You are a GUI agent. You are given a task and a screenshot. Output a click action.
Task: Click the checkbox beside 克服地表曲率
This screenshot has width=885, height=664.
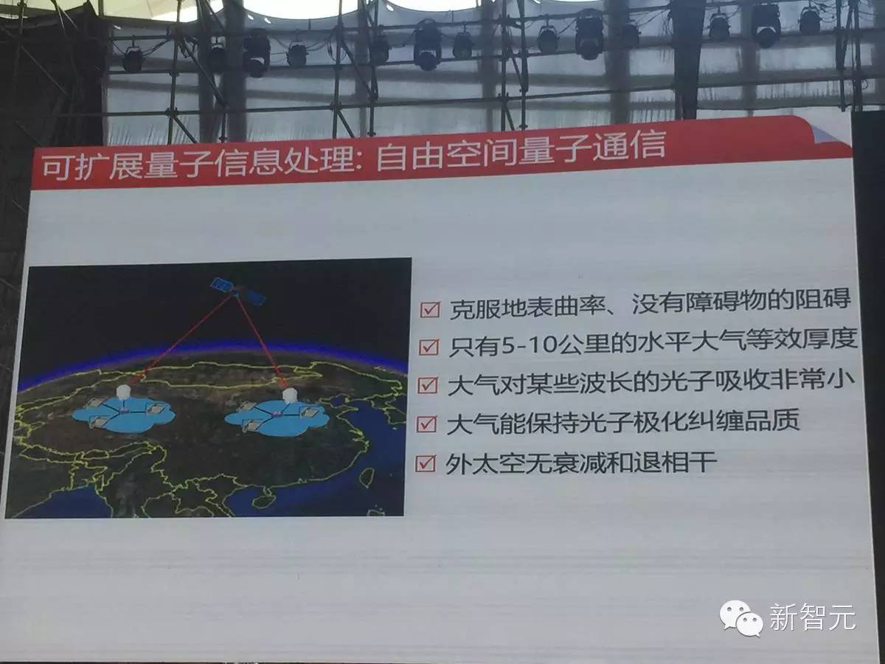tap(430, 310)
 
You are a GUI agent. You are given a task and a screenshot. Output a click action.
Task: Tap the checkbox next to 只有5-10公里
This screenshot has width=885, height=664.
tap(428, 347)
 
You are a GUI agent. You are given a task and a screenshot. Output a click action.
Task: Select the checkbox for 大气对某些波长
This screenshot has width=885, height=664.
tap(427, 385)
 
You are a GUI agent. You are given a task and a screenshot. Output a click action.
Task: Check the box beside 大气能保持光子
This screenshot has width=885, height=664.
tap(426, 424)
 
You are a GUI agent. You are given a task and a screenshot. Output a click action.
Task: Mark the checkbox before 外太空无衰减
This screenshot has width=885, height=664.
tap(425, 463)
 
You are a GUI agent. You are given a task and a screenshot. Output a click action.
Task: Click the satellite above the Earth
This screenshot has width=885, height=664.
tap(238, 291)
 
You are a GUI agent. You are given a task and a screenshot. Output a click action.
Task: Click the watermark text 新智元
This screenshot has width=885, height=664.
tap(813, 618)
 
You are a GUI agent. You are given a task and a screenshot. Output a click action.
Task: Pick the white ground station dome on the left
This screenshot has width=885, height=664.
tap(123, 392)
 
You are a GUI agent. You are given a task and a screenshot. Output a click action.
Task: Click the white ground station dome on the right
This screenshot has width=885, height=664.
tap(289, 395)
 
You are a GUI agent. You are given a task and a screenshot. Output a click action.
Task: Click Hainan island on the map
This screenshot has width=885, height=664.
tap(261, 502)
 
